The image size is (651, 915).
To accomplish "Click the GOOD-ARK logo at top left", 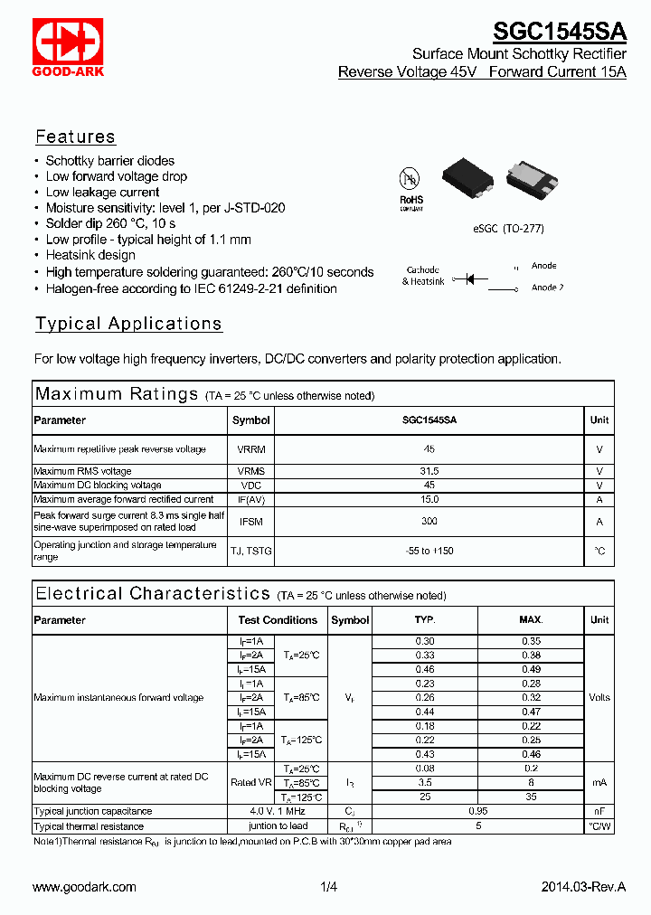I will click(69, 47).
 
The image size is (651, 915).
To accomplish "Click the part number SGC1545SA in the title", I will click(559, 32).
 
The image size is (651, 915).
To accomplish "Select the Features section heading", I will click(75, 137).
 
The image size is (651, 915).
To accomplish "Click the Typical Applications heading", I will click(128, 324).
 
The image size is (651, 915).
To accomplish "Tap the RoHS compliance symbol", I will click(411, 185).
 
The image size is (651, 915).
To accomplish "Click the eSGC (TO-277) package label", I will click(508, 229).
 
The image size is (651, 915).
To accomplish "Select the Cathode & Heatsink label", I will click(423, 276).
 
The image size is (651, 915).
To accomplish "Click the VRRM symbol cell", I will click(250, 449).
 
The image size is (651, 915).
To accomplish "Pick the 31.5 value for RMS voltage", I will click(429, 471).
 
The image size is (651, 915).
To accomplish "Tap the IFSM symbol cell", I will click(250, 521).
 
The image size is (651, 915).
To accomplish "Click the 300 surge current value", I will click(429, 521).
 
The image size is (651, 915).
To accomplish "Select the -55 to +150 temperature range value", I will click(429, 551).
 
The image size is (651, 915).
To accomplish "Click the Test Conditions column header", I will click(278, 620).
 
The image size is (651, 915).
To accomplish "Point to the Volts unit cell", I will click(599, 697).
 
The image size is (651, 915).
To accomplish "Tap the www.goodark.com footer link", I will click(84, 887).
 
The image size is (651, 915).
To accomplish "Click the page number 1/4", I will click(328, 887).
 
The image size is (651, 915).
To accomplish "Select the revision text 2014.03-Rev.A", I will click(583, 887).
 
